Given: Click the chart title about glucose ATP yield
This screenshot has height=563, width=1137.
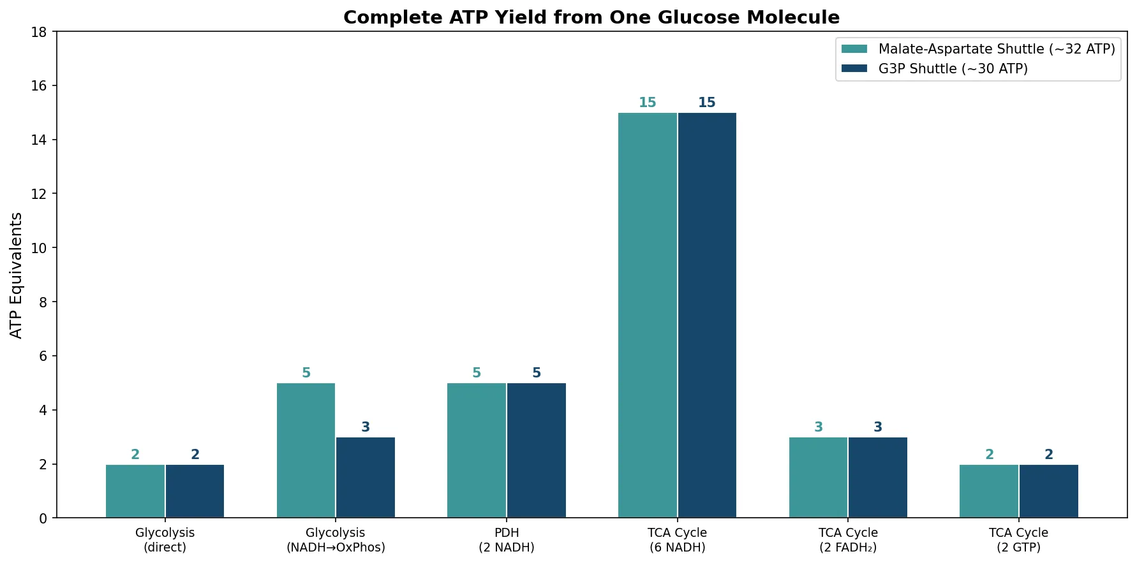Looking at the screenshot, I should click(x=591, y=17).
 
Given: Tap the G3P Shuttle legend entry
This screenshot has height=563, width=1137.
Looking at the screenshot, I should click(x=953, y=69).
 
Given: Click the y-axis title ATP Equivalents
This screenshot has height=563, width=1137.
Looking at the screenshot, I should click(x=17, y=275).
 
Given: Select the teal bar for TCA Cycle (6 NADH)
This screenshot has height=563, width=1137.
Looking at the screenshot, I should click(x=647, y=315).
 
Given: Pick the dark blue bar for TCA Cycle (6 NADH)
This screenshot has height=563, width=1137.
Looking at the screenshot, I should click(x=707, y=315).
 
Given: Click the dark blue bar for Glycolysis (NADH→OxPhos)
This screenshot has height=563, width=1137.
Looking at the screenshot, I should click(x=366, y=478).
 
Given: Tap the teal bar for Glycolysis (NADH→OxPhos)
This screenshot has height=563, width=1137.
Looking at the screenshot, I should click(x=306, y=450).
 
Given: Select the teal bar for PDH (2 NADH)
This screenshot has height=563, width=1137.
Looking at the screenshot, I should click(x=477, y=450).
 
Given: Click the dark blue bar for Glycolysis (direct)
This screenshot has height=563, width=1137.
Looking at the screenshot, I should click(x=195, y=491).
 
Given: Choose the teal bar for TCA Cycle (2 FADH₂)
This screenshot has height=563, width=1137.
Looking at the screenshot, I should click(x=818, y=478).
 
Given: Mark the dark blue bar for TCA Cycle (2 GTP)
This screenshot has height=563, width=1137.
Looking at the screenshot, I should click(x=1048, y=491).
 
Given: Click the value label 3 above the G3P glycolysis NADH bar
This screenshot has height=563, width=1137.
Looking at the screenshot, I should click(x=366, y=427).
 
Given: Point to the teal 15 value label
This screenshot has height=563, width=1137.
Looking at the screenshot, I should click(x=647, y=103).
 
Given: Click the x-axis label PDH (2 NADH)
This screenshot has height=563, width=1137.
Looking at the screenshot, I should click(x=507, y=540).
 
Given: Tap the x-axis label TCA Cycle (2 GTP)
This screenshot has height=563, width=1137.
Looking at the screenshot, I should click(x=1018, y=540).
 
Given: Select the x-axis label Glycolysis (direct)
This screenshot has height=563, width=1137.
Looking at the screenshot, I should click(x=165, y=540).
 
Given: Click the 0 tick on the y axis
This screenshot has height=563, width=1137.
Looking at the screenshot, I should click(x=43, y=518).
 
